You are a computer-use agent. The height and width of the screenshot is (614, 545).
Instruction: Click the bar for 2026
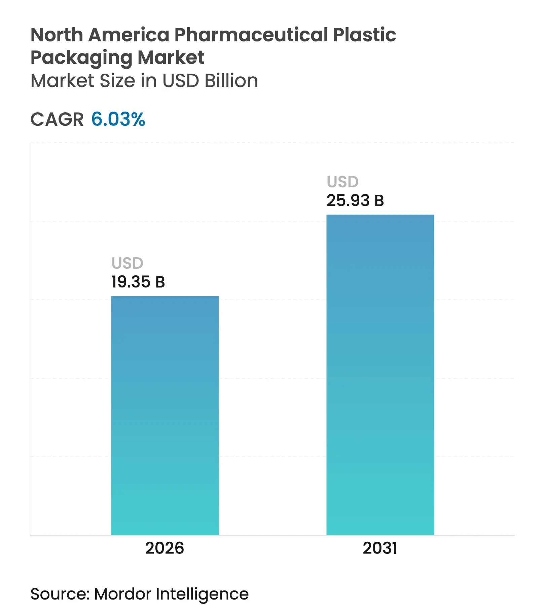[165, 415]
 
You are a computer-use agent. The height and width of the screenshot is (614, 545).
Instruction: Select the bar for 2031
[380, 375]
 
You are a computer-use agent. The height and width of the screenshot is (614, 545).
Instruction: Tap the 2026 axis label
[165, 548]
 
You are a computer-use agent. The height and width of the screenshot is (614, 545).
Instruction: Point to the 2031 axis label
[380, 548]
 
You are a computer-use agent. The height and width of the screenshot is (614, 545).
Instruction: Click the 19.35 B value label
[138, 282]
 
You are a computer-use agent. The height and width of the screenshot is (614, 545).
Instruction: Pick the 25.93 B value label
[355, 200]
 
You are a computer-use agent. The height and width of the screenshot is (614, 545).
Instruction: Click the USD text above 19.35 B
[127, 263]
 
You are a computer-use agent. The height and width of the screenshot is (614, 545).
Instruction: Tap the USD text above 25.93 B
[342, 182]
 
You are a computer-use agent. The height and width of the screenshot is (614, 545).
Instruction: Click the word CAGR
[57, 119]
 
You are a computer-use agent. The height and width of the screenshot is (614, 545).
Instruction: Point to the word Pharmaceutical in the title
[251, 35]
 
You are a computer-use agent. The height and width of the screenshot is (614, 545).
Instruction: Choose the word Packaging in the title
[81, 58]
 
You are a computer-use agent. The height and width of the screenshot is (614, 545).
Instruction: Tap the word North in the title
[57, 35]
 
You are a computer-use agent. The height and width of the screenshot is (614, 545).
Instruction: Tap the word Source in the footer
[59, 594]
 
